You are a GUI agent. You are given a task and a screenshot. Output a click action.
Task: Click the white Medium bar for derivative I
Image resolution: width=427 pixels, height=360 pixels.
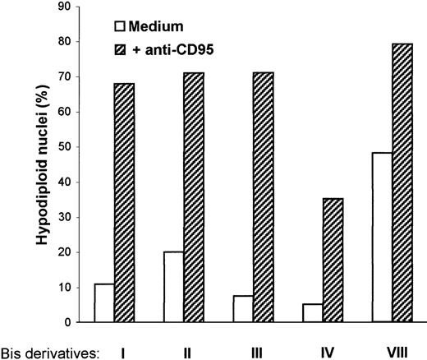coord(104,302)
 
